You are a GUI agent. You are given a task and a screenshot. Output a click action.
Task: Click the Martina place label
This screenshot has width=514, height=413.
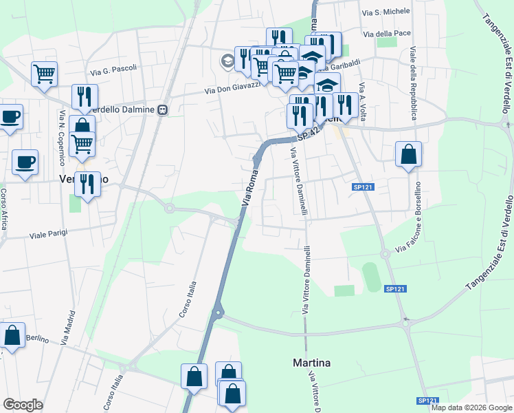(311, 363)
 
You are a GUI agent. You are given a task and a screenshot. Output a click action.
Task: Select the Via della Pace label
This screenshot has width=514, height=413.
(388, 34)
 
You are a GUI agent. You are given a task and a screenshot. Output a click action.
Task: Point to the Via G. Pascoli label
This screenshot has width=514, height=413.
(113, 69)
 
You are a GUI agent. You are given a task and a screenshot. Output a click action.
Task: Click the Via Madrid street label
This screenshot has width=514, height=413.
(67, 326)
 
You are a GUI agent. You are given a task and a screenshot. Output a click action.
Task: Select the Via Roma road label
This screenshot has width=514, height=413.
(252, 186)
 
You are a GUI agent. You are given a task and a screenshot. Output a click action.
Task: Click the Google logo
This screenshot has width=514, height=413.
(23, 405)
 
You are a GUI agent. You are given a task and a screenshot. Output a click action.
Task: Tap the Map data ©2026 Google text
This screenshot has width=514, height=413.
(471, 407)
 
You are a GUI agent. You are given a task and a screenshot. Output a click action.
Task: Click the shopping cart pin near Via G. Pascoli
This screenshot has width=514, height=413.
(44, 73)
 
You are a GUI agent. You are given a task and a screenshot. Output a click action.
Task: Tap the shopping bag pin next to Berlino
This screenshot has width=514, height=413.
(12, 335)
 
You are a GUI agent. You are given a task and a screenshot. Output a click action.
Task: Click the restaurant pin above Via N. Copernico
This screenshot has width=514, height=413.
(85, 96)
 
